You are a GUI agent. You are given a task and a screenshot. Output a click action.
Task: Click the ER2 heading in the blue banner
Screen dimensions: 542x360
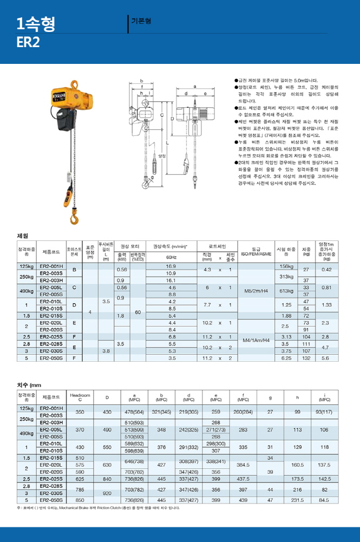coord(28,42)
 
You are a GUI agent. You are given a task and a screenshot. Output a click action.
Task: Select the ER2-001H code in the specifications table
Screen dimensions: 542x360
coord(52,266)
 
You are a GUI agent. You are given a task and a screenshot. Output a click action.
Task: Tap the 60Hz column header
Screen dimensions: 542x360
coord(172,257)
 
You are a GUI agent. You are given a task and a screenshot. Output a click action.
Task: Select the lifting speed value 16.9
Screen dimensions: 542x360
coord(172,266)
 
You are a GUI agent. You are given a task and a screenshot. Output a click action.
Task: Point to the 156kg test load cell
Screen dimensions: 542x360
coord(285,266)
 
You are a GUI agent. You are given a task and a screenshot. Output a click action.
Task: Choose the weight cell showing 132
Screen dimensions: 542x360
coord(306,358)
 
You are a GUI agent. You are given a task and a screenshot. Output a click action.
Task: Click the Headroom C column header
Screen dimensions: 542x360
coord(80,397)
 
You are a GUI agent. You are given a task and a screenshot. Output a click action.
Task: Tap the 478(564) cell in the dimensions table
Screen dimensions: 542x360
coord(127,412)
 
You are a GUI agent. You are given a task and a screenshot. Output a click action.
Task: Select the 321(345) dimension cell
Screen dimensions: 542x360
coord(161,412)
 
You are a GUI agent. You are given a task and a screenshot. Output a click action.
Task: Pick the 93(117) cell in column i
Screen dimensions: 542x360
coord(324,412)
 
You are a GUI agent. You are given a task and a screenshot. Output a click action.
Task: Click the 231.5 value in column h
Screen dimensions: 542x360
coord(297,500)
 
